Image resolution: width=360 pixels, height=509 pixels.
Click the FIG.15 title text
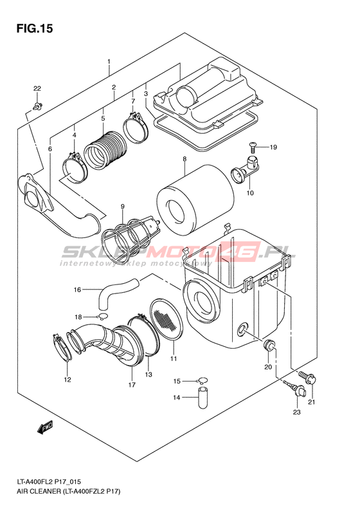(x=34, y=28)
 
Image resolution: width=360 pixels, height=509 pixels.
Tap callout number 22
(x=37, y=88)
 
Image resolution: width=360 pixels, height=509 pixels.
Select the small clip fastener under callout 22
(x=38, y=106)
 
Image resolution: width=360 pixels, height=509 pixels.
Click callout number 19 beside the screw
(x=273, y=147)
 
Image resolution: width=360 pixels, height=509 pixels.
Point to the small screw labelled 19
(x=253, y=147)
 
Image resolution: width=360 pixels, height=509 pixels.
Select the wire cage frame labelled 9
(x=130, y=237)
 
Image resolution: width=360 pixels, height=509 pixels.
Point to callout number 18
(x=78, y=317)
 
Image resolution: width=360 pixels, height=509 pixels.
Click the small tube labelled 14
(x=203, y=397)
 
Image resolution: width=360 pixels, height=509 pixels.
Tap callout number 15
(x=176, y=381)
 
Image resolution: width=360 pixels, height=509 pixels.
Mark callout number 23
(x=297, y=412)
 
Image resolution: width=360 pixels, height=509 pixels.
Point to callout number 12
(x=67, y=380)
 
